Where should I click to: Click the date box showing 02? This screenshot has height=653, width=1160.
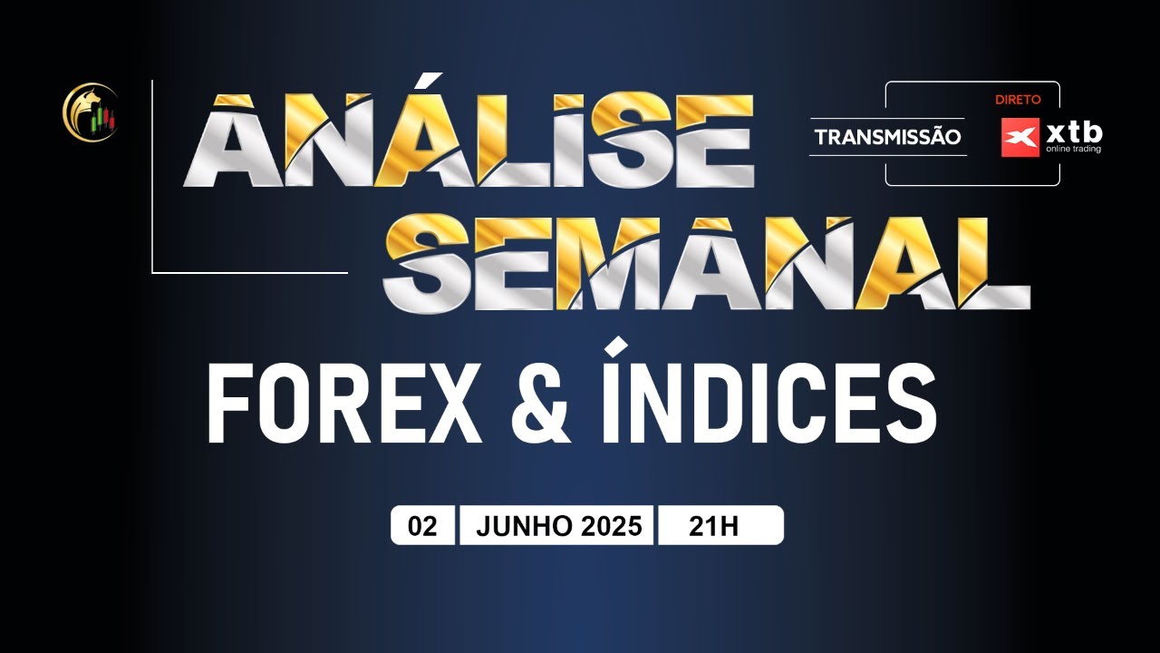[x=422, y=526]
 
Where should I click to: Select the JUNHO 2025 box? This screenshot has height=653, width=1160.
[x=556, y=526]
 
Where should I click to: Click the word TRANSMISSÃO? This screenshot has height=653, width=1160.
[x=887, y=138]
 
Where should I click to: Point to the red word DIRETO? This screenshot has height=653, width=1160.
[x=1018, y=100]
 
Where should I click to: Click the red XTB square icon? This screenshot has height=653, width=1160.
[x=1020, y=138]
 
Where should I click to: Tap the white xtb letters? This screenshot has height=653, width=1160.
[x=1074, y=132]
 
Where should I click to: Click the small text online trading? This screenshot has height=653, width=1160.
[x=1074, y=150]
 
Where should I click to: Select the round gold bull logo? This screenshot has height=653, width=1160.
[x=90, y=112]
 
